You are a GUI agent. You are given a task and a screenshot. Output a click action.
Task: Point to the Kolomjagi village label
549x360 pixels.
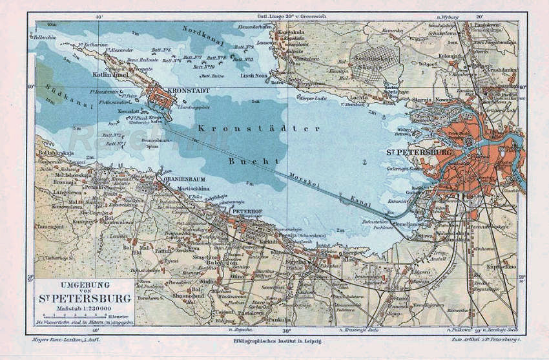450,54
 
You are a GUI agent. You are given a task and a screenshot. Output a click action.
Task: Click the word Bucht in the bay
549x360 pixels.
253,160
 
